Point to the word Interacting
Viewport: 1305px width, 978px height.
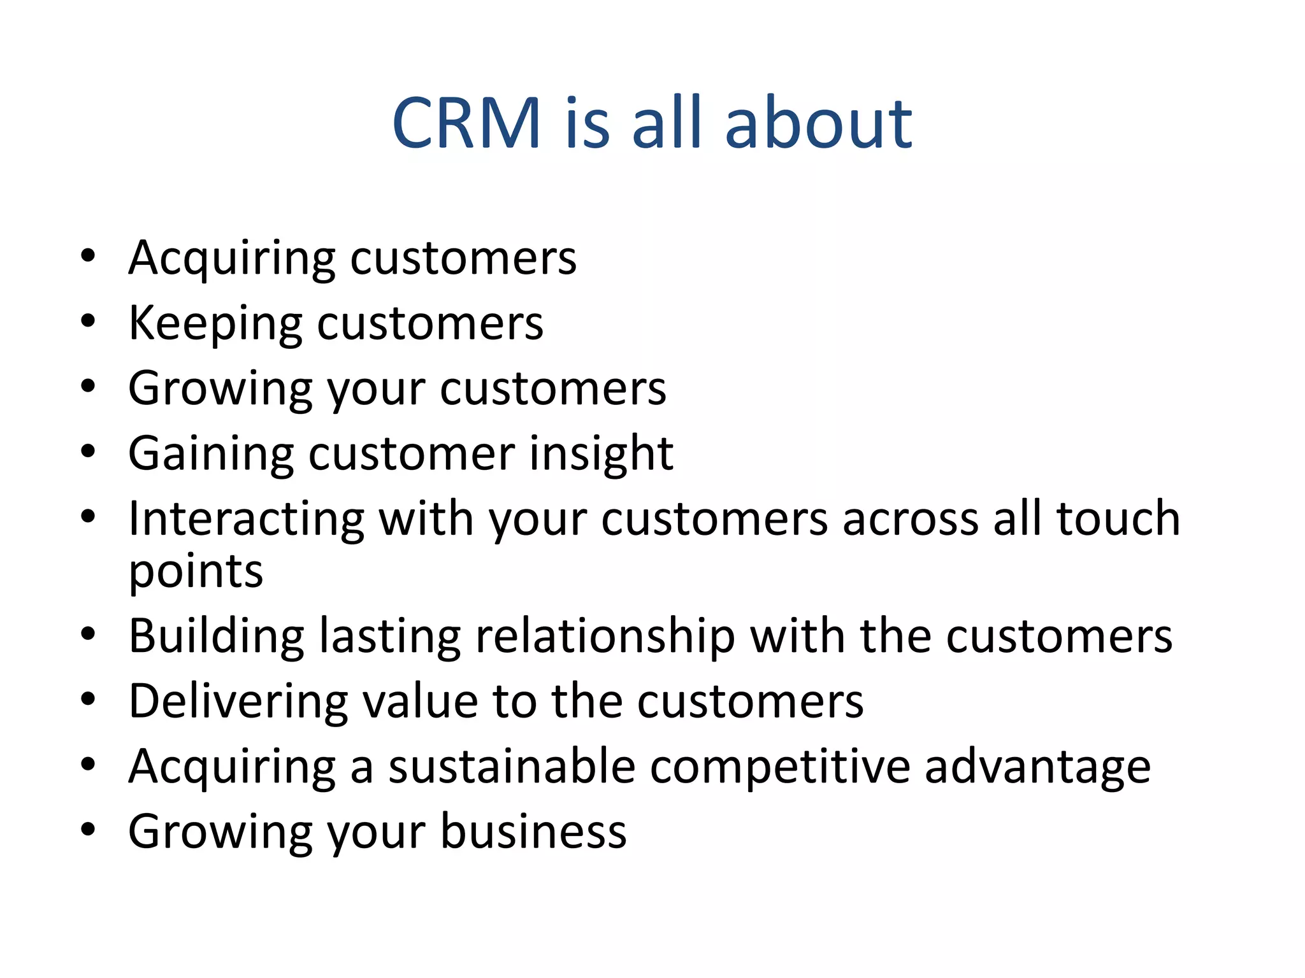[246, 518]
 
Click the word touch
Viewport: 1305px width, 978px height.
[1118, 518]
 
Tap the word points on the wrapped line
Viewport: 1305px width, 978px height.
[196, 572]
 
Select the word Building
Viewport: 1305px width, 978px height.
[216, 637]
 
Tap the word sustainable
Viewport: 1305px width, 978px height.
[512, 767]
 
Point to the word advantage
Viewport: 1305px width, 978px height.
[1037, 767]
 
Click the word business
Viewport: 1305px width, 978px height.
[533, 832]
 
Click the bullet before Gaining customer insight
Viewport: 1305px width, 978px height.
[88, 451]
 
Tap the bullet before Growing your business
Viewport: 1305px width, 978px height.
[88, 830]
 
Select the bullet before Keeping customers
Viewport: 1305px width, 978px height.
[88, 322]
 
